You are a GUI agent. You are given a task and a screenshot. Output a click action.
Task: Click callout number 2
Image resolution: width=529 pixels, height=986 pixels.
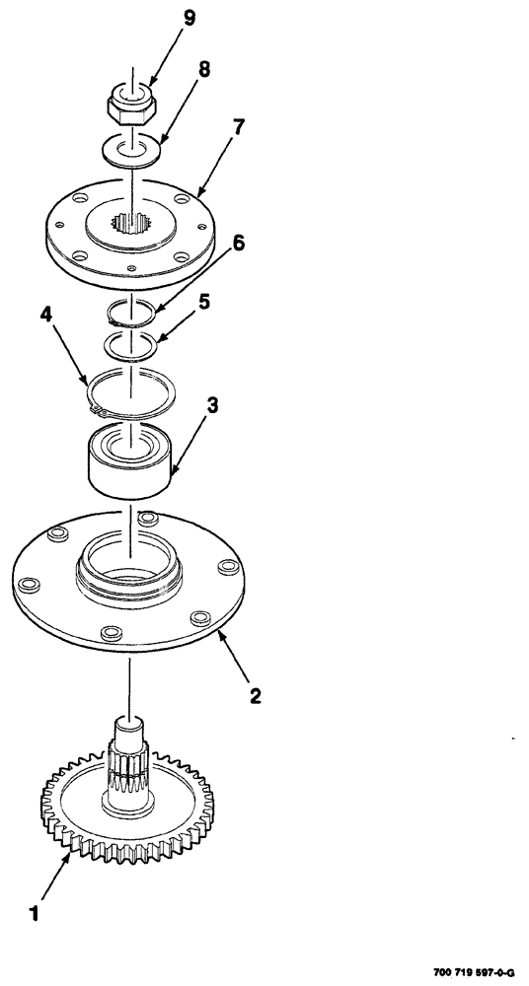coord(255,697)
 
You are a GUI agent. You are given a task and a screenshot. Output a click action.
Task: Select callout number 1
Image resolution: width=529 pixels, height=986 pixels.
coord(36,913)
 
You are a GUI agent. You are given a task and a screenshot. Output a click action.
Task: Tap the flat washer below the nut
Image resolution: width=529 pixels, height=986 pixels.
coord(129,151)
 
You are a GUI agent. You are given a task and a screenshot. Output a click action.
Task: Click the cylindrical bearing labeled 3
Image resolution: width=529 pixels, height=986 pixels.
coord(129,459)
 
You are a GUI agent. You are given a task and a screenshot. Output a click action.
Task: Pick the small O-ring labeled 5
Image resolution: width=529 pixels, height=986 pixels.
coord(130,346)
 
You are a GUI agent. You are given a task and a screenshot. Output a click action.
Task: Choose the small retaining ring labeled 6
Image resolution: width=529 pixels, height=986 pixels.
coord(130,312)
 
